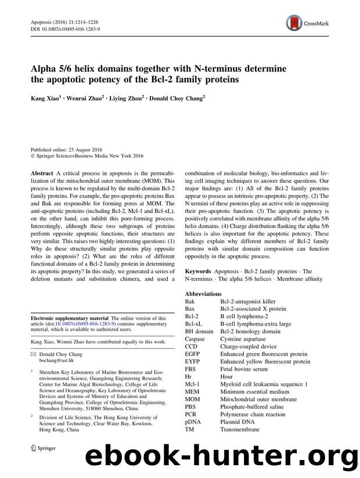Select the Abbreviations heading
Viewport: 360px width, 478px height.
coord(203,294)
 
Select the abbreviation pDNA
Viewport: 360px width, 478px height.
coord(195,421)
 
